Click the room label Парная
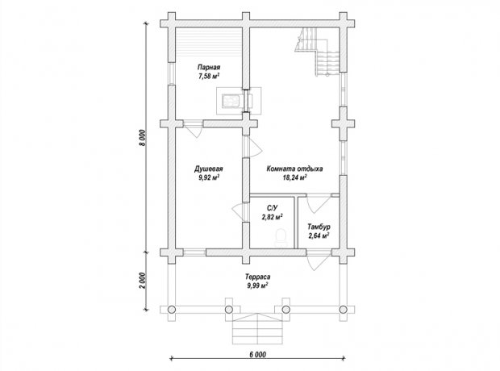click(x=209, y=67)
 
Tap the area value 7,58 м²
click(x=209, y=76)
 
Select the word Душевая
click(x=209, y=169)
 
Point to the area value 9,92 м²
click(x=209, y=177)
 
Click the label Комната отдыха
click(x=294, y=169)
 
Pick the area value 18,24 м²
click(x=294, y=177)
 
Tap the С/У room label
click(x=272, y=208)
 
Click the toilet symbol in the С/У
click(x=281, y=237)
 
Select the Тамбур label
click(x=319, y=227)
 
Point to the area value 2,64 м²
click(x=319, y=236)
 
